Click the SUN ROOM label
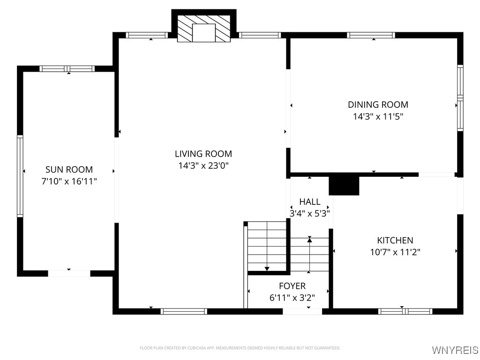point(69,169)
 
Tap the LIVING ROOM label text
point(203,153)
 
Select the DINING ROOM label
point(378,105)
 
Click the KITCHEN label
point(395,240)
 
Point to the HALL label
point(310,202)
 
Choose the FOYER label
point(292,286)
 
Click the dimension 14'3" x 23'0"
point(203,165)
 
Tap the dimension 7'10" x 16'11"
point(69,181)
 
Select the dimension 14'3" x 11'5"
point(378,116)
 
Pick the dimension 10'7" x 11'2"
point(395,252)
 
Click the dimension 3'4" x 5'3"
point(310,213)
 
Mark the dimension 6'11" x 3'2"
point(292,297)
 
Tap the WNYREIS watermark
point(455,350)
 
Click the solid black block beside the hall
point(344,185)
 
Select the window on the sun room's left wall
point(20,176)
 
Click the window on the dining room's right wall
point(460,97)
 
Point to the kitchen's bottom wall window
point(405,311)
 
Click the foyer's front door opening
point(302,311)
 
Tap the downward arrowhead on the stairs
point(267,269)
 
